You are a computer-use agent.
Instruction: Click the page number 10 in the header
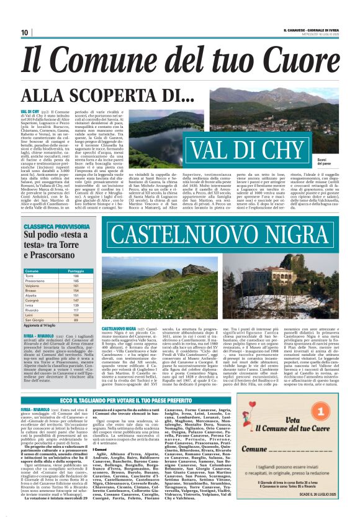24,32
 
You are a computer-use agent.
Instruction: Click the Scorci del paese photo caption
342,162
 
